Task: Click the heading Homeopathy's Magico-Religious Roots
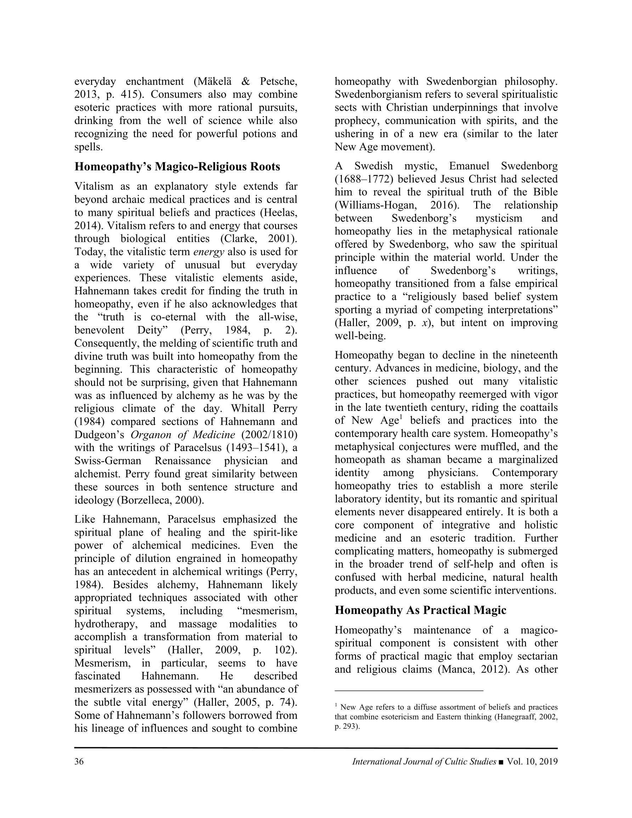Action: point(177,167)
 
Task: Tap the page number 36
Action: point(79,761)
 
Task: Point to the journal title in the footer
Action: point(424,761)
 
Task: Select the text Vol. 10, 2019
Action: point(532,761)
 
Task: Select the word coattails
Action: point(535,407)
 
